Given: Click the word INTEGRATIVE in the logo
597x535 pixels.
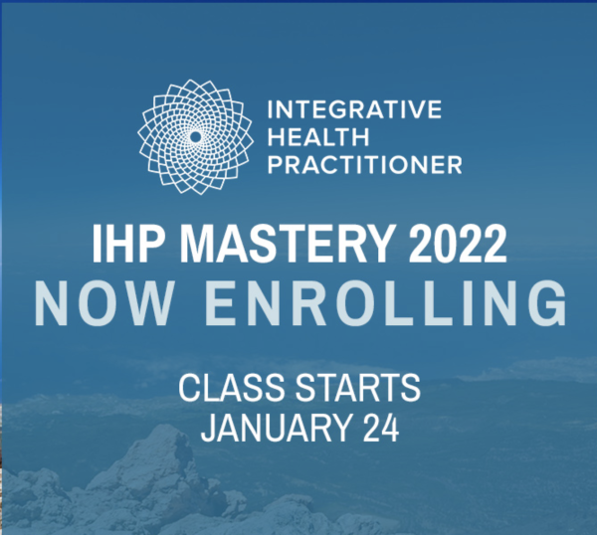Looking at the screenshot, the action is (354, 109).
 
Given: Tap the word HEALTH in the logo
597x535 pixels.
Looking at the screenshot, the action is (318, 137).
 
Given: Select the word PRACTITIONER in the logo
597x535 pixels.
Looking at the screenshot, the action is (365, 165).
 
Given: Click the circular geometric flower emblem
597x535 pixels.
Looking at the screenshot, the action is (195, 137).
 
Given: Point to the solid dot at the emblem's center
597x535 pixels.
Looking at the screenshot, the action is (195, 137).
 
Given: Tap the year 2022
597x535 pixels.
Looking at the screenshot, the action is (458, 244).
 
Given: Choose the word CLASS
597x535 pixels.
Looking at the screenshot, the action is (232, 388).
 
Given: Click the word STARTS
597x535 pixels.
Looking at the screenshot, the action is (358, 388).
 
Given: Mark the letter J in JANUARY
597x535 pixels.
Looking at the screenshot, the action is (209, 428).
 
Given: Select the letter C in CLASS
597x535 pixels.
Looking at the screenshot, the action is (189, 388).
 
